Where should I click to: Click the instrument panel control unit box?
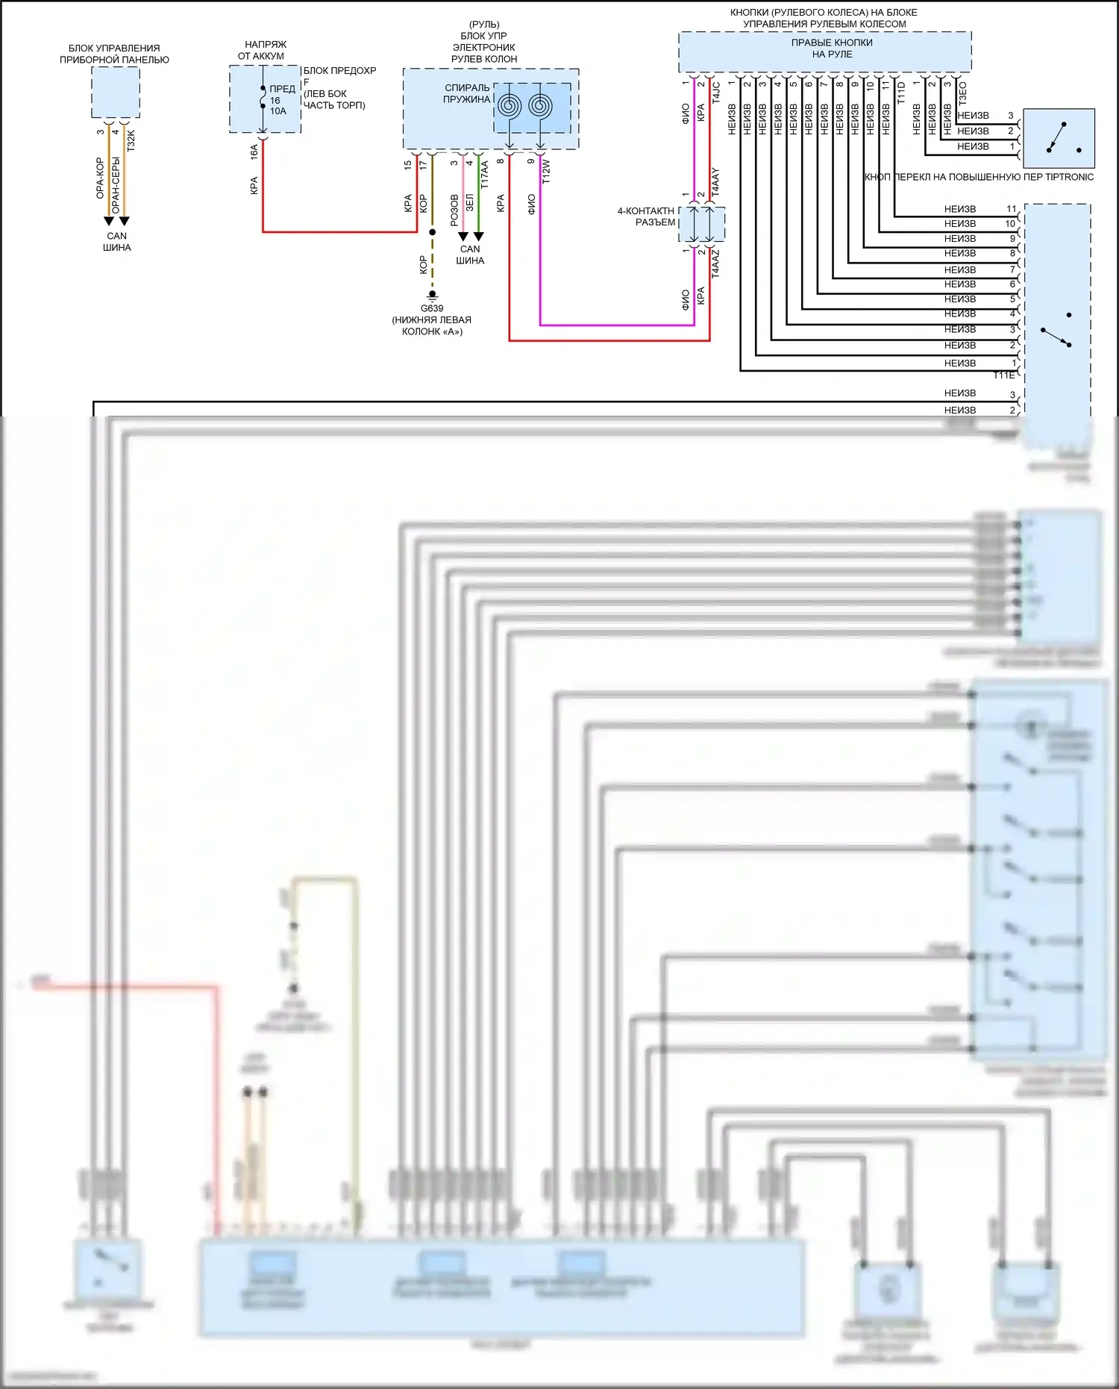click(x=116, y=92)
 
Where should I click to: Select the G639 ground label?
click(x=432, y=308)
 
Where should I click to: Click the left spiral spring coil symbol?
click(x=510, y=106)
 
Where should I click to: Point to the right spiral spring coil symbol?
click(x=540, y=106)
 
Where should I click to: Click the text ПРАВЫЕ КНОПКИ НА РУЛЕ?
click(x=832, y=49)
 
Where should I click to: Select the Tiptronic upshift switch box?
click(x=1059, y=138)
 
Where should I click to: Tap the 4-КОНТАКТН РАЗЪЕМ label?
click(x=646, y=216)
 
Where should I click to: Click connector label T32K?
click(x=131, y=140)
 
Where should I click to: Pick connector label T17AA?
click(x=484, y=175)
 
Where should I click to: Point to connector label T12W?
click(x=546, y=172)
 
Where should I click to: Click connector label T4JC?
click(x=716, y=92)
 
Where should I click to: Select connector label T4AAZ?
click(x=715, y=263)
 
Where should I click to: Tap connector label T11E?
click(x=1003, y=375)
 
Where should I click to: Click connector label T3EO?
click(x=962, y=93)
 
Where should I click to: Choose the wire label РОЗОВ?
click(x=454, y=210)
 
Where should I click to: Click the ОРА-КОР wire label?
click(x=100, y=178)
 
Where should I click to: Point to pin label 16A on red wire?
click(x=254, y=152)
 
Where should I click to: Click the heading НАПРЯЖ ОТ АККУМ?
click(x=263, y=50)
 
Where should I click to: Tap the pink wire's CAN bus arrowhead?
click(x=463, y=237)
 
